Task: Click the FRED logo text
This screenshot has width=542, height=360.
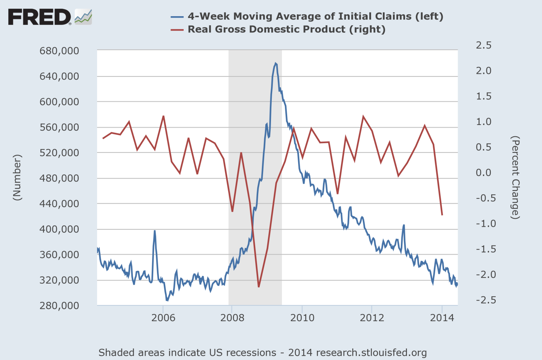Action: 40,17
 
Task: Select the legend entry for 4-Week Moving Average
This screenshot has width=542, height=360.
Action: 315,16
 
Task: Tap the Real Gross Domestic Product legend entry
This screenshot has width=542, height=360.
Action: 286,29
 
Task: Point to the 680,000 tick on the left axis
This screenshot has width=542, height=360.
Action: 59,50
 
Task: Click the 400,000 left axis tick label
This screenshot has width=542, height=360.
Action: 59,229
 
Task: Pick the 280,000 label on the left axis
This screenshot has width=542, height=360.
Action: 59,305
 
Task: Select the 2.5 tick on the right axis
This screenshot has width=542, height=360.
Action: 484,45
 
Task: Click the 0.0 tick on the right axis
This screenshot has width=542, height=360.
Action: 484,172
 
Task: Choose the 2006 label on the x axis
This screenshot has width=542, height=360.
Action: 163,318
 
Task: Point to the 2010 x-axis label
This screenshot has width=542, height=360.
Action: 302,318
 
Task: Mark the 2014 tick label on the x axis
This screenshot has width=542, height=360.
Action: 442,318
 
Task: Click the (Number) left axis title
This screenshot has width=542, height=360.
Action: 17,177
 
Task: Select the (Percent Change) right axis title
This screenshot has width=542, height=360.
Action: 515,177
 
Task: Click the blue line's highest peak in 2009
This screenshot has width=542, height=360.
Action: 276,63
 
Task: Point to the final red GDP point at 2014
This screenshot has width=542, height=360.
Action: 442,215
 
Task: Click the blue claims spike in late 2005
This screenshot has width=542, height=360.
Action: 154,231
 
